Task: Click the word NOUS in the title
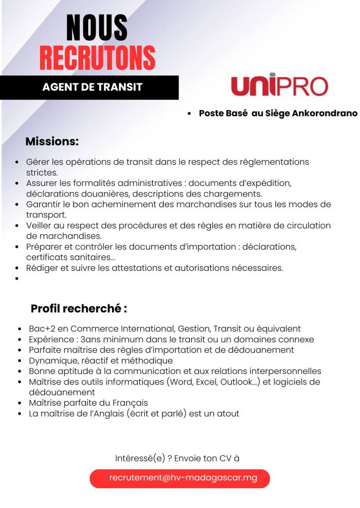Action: pos(97,28)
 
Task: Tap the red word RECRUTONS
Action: pos(97,58)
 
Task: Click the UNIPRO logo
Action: pos(280,86)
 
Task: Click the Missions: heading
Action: pos(52,141)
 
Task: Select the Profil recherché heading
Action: pos(79,308)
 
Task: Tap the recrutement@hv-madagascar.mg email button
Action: pos(180,478)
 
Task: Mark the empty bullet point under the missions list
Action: pos(17,279)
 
